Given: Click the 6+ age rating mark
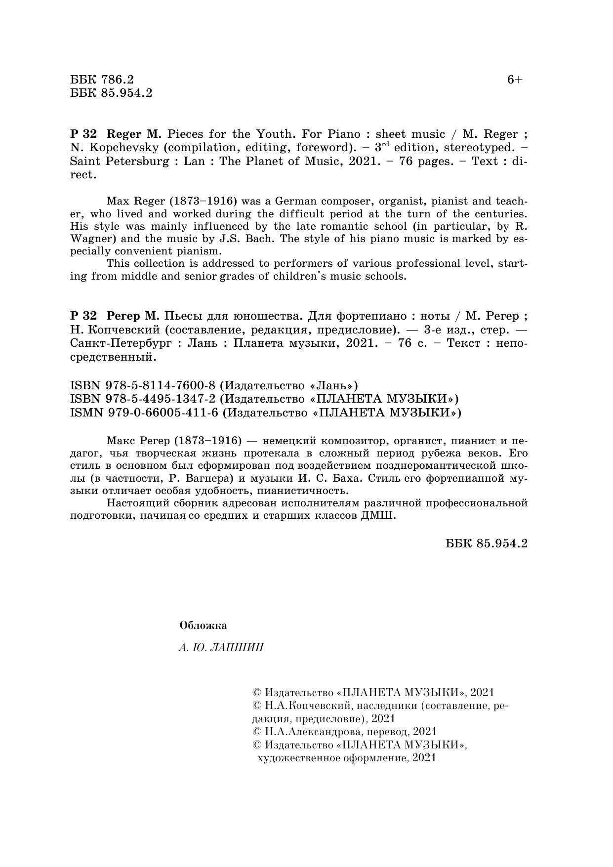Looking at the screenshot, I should pyautogui.click(x=514, y=80).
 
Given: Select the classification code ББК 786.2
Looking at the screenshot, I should pyautogui.click(x=102, y=80).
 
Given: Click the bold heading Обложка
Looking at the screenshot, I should pyautogui.click(x=203, y=625).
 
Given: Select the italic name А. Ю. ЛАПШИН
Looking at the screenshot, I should pyautogui.click(x=221, y=647).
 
